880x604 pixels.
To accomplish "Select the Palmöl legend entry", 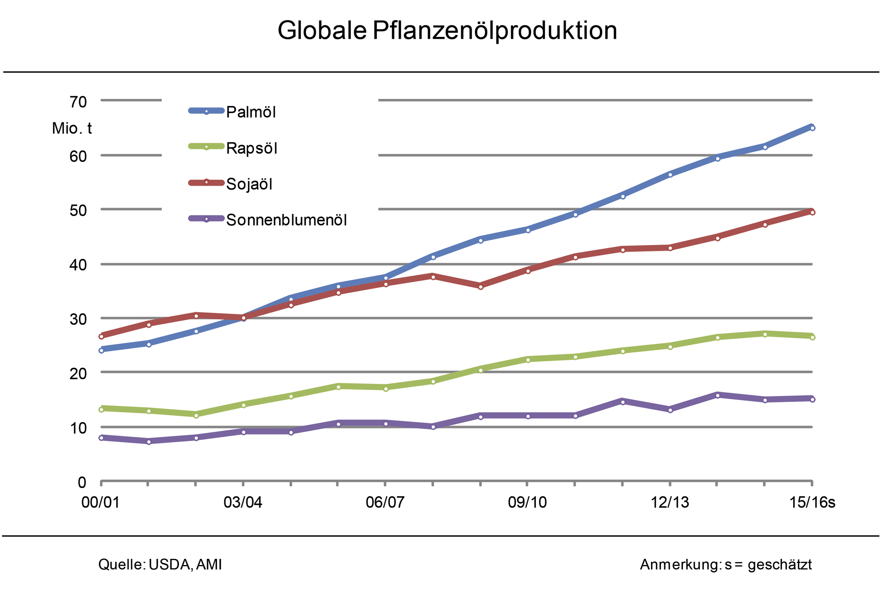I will (x=251, y=112).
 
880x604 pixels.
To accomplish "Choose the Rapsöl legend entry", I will (x=252, y=148).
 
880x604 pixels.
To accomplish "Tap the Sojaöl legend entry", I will (x=249, y=184).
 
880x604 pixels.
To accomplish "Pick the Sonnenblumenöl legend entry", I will (x=286, y=220).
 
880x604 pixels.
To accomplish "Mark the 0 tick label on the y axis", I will (x=82, y=482).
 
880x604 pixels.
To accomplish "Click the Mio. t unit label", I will (x=72, y=129).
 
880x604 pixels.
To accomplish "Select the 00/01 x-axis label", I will (x=101, y=502).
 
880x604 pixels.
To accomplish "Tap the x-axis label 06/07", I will (x=385, y=502).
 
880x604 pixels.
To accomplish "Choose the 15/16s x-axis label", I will (x=812, y=502).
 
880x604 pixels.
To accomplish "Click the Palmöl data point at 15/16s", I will (x=812, y=128).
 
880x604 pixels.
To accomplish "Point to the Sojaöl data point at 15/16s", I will (x=812, y=212).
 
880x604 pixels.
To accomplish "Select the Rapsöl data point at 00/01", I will (x=101, y=409).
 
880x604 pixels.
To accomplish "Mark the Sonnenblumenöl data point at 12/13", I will (x=670, y=410).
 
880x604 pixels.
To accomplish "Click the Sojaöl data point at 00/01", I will (x=101, y=336).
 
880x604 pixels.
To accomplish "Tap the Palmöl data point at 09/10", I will (x=528, y=230).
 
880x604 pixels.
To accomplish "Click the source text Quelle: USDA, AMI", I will (x=160, y=564).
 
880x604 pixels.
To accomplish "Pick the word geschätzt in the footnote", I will (x=779, y=564).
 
